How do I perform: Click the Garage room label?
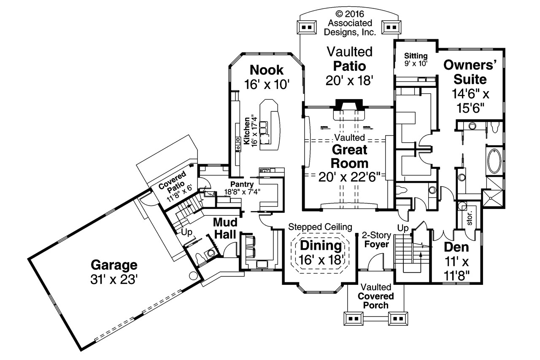[x=114, y=265]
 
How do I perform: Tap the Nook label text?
[x=267, y=69]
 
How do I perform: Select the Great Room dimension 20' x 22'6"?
[x=350, y=176]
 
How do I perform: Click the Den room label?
[x=457, y=247]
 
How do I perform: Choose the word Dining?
[x=321, y=246]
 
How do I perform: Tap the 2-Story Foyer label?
[x=377, y=240]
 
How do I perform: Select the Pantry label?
[x=242, y=184]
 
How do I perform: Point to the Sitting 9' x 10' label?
[x=416, y=60]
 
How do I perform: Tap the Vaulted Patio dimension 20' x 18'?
[x=350, y=80]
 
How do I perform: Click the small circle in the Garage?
[x=192, y=276]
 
